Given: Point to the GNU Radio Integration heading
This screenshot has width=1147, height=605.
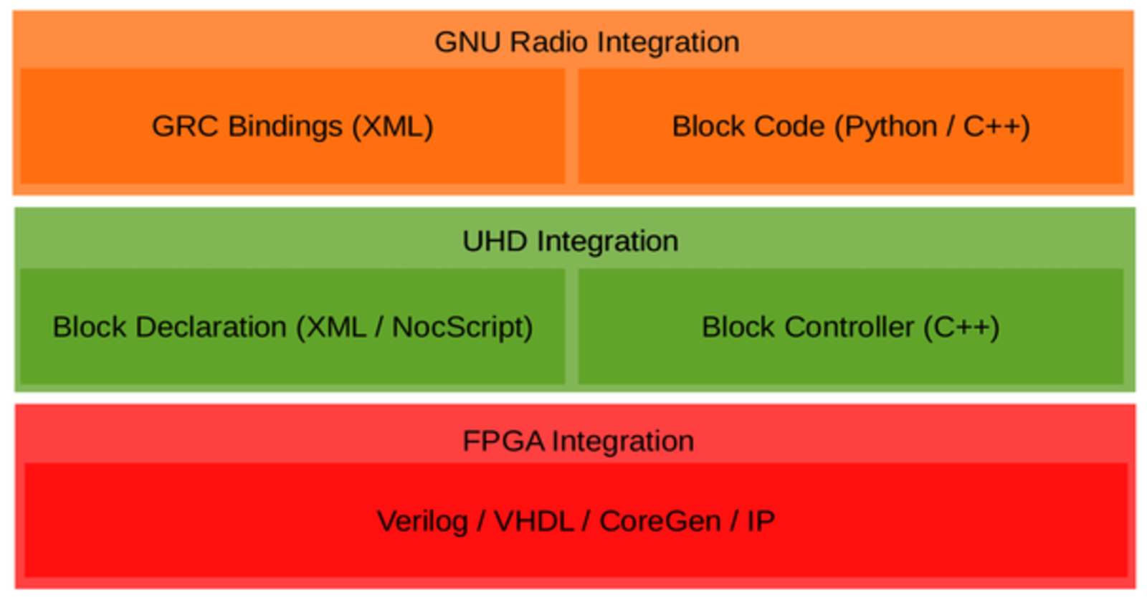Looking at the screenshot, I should tap(586, 42).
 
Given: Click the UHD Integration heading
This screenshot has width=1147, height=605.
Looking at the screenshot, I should tap(570, 241).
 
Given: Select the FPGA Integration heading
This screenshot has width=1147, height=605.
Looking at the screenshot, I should tap(578, 440).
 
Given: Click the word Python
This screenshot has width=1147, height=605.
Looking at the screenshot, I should tap(890, 127).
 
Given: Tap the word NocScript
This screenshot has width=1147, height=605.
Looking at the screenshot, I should tap(462, 327).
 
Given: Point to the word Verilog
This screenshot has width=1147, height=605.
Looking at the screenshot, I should tap(422, 521).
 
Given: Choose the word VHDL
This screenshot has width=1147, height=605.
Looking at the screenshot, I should tap(533, 521).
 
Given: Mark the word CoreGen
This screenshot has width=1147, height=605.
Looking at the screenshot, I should tap(660, 521).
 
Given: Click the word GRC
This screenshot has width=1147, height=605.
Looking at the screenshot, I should tap(185, 126).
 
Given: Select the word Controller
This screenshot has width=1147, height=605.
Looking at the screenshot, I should tap(849, 327).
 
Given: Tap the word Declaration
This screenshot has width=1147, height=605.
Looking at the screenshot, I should tap(211, 327).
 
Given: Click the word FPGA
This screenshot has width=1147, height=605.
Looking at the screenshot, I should tap(503, 440).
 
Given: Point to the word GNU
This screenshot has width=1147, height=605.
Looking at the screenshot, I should tap(467, 42).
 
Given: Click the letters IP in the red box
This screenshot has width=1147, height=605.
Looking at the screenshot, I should tap(761, 521).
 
